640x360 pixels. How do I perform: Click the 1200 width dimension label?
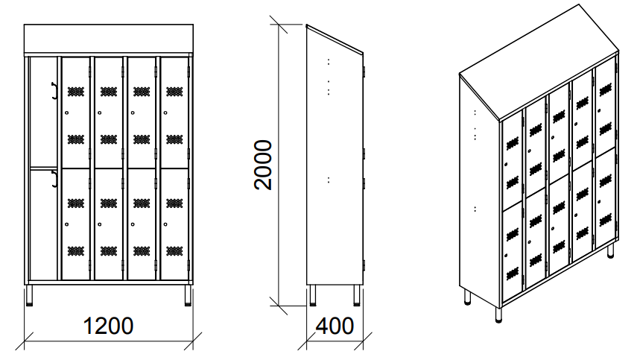pyautogui.click(x=108, y=326)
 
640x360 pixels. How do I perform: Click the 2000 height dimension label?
pyautogui.click(x=263, y=165)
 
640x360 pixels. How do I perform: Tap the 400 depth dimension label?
pyautogui.click(x=335, y=326)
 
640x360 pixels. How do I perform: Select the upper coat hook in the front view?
pyautogui.click(x=54, y=90)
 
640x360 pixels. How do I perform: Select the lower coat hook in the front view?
pyautogui.click(x=54, y=179)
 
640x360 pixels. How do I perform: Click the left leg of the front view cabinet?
pyautogui.click(x=29, y=295)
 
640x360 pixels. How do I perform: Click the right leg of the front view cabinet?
pyautogui.click(x=188, y=295)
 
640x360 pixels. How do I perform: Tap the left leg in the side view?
pyautogui.click(x=313, y=294)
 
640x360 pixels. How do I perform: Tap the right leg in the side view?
pyautogui.click(x=357, y=294)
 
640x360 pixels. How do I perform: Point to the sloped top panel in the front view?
pyautogui.click(x=108, y=38)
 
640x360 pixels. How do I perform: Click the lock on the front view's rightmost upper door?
pyautogui.click(x=165, y=113)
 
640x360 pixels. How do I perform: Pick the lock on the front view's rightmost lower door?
pyautogui.click(x=165, y=224)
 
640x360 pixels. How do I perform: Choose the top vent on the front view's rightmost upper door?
pyautogui.click(x=174, y=92)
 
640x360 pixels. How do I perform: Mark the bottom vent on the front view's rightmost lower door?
pyautogui.click(x=174, y=250)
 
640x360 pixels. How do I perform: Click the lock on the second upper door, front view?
pyautogui.click(x=100, y=113)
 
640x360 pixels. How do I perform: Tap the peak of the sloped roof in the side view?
pyautogui.click(x=307, y=25)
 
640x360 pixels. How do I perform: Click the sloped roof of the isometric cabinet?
pyautogui.click(x=539, y=61)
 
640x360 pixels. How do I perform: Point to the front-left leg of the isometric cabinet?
pyautogui.click(x=498, y=315)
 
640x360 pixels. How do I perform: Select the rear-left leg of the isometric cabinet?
pyautogui.click(x=467, y=297)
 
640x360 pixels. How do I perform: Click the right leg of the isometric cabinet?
pyautogui.click(x=610, y=251)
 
